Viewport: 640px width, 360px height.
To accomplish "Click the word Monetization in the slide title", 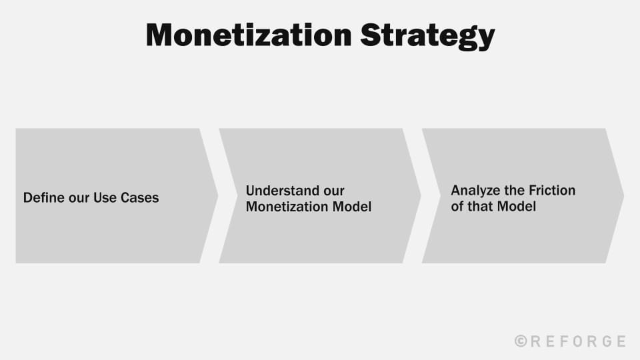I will point(249,35).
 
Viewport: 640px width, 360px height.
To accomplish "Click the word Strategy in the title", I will point(427,35).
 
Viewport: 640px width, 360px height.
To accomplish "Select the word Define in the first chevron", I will point(43,198).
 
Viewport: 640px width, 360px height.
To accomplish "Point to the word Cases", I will point(140,198).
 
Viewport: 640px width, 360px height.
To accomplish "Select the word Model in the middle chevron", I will point(351,207).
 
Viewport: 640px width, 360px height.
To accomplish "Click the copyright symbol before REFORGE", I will point(521,341).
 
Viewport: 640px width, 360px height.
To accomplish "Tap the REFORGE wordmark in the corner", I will point(577,341).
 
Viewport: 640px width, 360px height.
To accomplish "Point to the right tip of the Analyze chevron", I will point(623,195).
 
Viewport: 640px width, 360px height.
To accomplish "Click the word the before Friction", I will point(517,191).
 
